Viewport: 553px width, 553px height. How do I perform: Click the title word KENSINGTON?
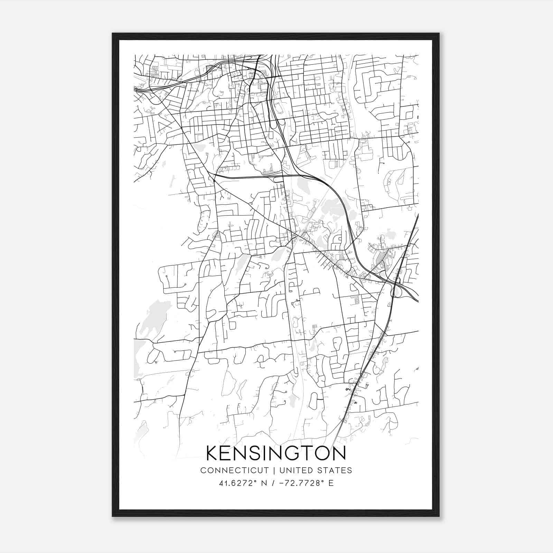click(x=276, y=453)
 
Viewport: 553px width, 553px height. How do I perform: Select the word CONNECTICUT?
click(x=235, y=470)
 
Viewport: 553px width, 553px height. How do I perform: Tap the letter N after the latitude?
click(x=264, y=483)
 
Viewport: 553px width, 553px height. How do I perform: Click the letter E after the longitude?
click(x=331, y=483)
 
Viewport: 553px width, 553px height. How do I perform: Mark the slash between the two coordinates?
click(x=273, y=483)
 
